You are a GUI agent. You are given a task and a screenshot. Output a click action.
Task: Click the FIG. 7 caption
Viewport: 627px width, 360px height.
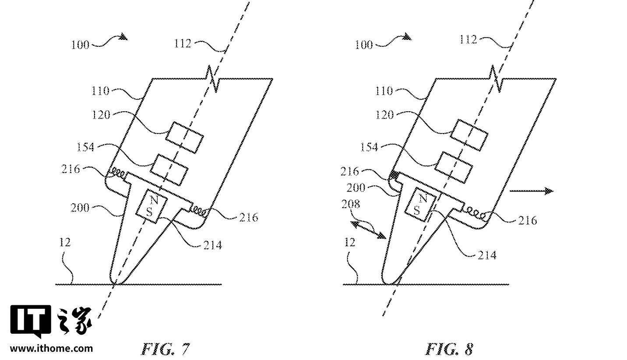point(166,349)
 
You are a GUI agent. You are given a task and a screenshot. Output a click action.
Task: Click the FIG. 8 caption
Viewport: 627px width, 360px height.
point(450,349)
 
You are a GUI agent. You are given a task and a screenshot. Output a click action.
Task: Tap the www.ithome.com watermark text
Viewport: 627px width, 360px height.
point(52,349)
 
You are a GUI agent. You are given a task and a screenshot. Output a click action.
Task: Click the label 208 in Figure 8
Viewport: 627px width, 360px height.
point(351,205)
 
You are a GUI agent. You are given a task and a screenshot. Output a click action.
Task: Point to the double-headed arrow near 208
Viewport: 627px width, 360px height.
point(368,229)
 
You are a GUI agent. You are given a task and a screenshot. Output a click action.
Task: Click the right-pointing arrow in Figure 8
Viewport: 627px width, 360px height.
point(531,191)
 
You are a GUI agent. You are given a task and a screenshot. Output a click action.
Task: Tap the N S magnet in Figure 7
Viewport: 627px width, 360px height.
point(151,206)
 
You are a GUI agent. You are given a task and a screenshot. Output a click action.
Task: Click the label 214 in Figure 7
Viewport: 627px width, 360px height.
point(212,245)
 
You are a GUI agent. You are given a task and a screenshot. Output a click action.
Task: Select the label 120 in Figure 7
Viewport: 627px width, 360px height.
point(101,115)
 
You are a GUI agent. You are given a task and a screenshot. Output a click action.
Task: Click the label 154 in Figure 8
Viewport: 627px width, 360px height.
point(369,147)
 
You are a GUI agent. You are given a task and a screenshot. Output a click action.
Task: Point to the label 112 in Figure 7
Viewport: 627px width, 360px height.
point(183,44)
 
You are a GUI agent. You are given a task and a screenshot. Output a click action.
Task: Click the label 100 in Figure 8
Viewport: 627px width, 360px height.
point(364,45)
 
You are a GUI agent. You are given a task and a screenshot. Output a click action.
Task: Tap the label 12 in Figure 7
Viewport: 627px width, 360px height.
point(65,243)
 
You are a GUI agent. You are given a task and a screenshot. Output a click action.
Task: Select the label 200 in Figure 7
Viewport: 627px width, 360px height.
point(80,208)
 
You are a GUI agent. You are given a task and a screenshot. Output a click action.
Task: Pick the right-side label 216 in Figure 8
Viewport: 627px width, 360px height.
point(527,221)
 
